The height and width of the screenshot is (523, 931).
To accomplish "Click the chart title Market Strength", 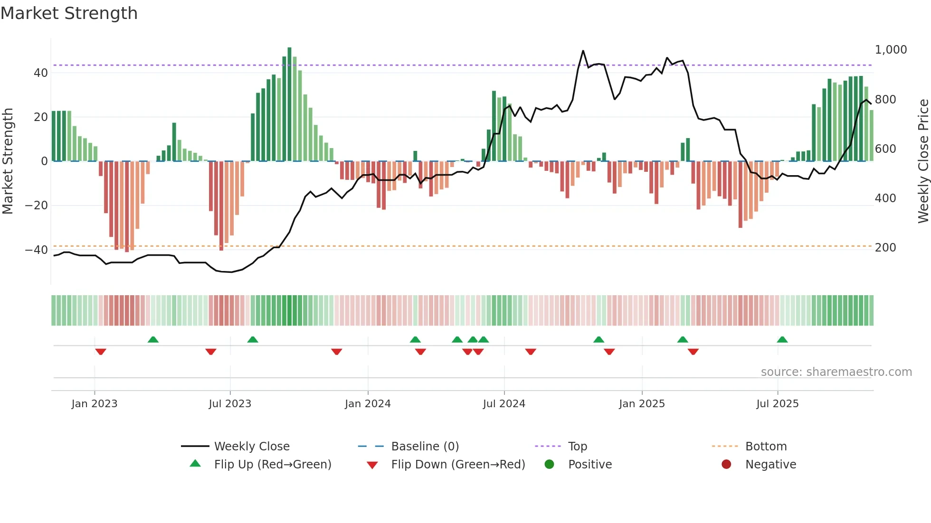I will point(69,13).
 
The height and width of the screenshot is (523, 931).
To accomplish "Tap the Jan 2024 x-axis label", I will point(368,404).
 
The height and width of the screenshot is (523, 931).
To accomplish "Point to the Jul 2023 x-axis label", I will point(230,404).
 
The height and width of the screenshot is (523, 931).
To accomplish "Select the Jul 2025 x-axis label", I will point(778,404).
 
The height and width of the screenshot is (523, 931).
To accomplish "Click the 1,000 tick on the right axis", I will point(891,50).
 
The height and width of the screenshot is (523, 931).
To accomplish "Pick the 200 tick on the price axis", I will point(885,248).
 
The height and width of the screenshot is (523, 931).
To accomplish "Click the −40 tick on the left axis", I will point(36,250).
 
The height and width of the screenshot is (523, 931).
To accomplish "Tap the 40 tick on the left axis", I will point(41,73).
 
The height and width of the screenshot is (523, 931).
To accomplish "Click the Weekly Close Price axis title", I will point(923,161).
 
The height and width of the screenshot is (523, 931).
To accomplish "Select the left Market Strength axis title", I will point(8,161).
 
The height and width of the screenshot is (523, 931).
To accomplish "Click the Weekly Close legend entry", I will point(251,447).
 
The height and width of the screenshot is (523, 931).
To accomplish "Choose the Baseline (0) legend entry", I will point(425,447).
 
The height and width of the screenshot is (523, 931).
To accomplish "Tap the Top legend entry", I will point(577,447).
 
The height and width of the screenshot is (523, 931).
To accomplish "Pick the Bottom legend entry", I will point(766,447).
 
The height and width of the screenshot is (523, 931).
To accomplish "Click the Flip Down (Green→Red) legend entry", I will point(458,465).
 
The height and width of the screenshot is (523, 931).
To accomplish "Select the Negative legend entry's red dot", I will point(726,465).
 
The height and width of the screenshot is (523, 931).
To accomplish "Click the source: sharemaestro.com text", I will point(836,372).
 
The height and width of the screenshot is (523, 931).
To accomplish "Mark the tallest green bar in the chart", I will point(289,104).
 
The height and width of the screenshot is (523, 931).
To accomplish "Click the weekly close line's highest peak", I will point(583,51).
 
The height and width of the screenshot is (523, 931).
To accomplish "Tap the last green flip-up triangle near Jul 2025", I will point(782,339).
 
